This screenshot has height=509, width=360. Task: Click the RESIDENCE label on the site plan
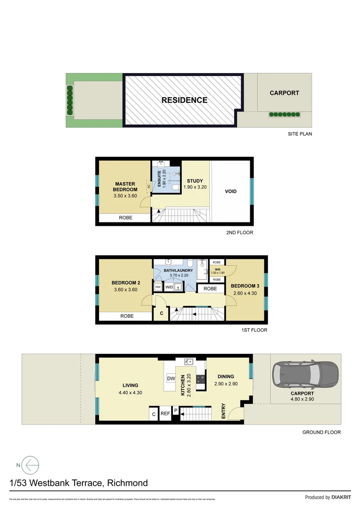184,100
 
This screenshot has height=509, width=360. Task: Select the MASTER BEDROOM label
125,187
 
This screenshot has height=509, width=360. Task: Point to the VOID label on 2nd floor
230,191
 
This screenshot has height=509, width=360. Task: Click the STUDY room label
195,181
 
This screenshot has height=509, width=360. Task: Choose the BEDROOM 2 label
125,283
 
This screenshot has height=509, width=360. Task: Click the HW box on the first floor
158,287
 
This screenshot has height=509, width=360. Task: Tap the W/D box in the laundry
169,287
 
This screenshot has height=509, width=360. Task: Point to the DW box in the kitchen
171,378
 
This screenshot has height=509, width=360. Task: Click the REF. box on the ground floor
165,414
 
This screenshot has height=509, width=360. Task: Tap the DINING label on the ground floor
226,377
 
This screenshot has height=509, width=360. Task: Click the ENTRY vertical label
223,412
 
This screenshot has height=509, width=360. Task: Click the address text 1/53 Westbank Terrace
78,483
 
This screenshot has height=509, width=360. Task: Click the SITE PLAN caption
300,134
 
